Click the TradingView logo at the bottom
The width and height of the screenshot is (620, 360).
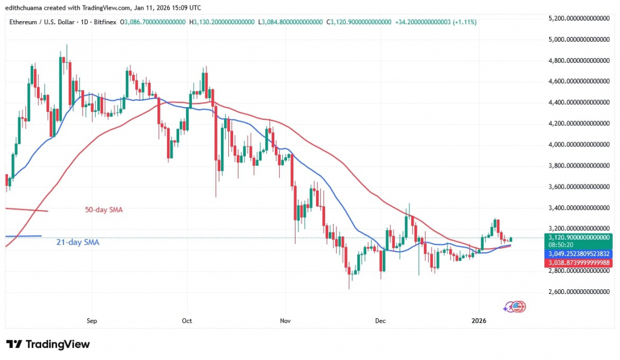coord(48,344)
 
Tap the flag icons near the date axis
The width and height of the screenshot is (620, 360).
coord(515,307)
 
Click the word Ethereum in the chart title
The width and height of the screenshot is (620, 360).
coord(24,22)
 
